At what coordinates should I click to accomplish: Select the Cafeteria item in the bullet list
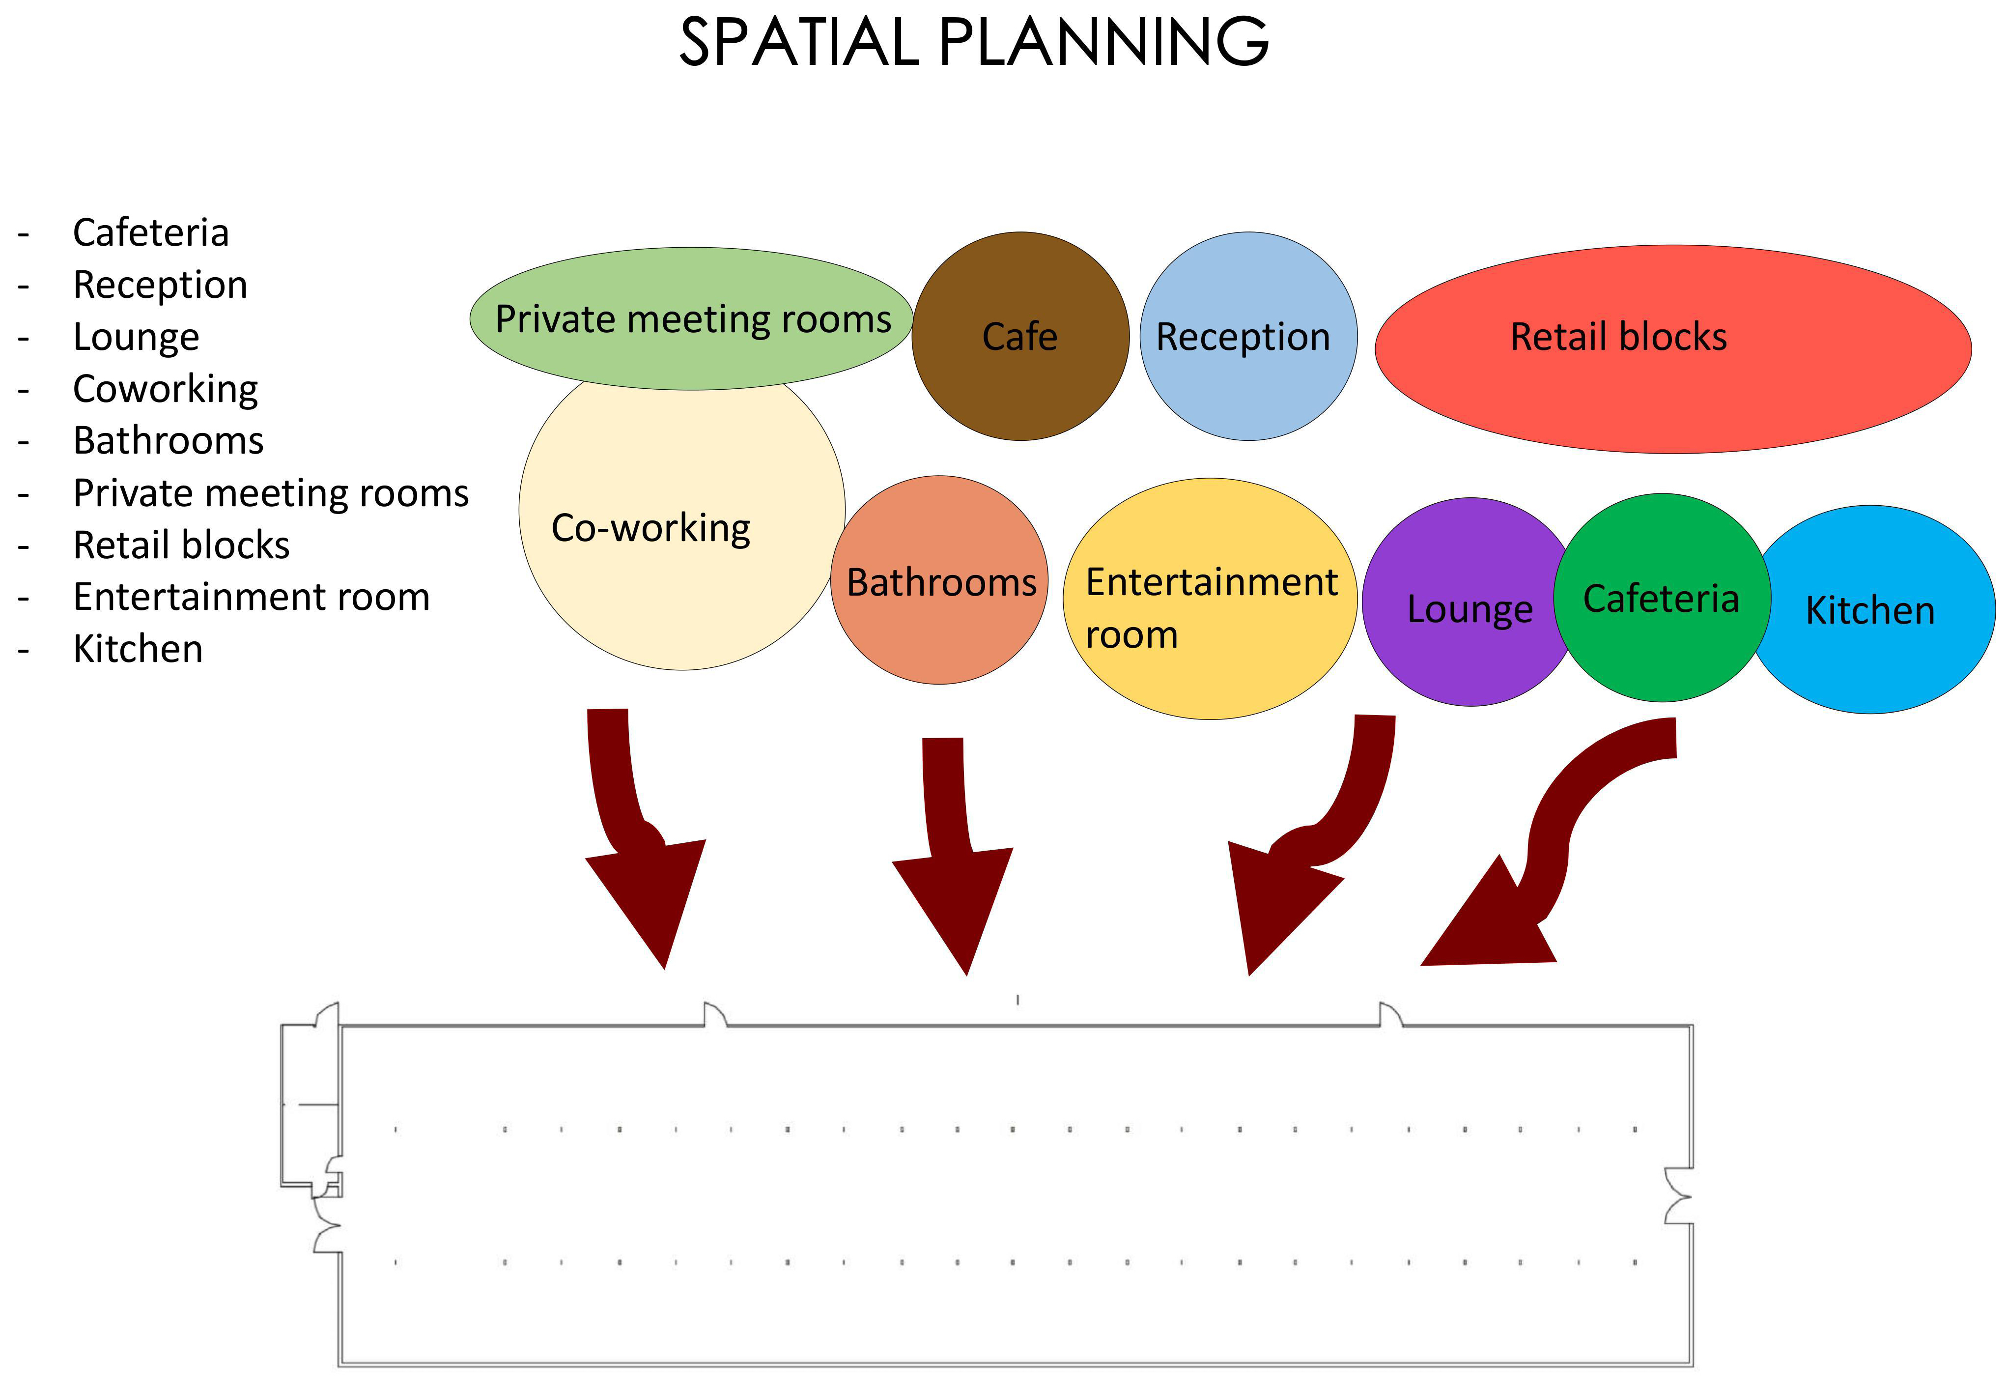[151, 232]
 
